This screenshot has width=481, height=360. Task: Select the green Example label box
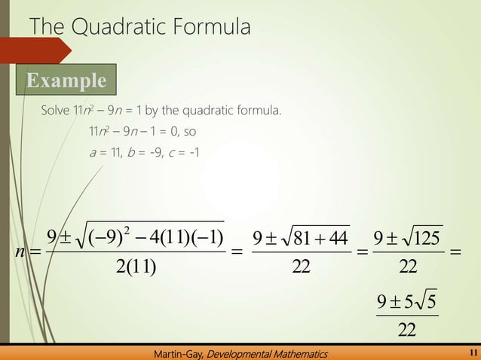[x=66, y=80]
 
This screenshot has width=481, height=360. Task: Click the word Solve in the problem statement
[x=56, y=112]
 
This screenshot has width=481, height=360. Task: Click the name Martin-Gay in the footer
[x=179, y=352]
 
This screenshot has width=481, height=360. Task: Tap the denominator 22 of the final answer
[x=407, y=330]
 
